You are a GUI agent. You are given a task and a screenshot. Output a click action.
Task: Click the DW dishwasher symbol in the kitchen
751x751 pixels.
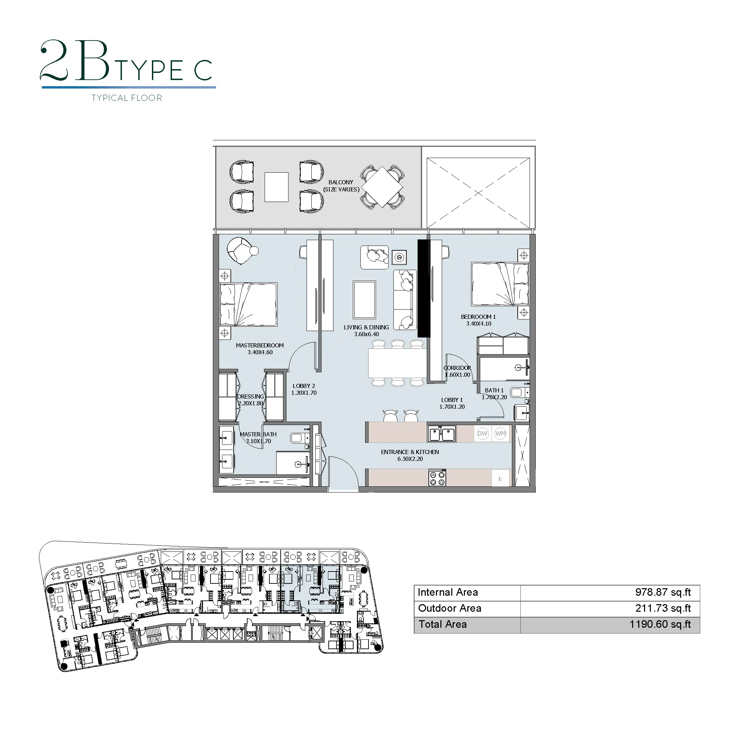[x=482, y=434]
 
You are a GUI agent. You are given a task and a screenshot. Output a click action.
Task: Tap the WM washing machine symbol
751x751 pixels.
[x=500, y=434]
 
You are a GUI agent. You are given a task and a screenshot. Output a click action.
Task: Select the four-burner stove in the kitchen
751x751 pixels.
[x=437, y=478]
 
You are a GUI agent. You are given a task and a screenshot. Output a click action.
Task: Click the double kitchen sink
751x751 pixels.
[x=442, y=434]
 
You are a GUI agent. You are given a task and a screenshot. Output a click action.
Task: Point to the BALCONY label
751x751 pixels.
[x=341, y=182]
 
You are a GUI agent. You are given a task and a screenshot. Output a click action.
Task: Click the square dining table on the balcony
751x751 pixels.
[x=382, y=187]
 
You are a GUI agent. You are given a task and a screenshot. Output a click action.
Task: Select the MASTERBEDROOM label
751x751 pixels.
[x=260, y=345]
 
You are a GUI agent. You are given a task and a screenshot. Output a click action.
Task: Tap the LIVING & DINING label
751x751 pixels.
[x=366, y=327]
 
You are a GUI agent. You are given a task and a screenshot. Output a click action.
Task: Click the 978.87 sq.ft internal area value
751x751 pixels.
[x=663, y=592]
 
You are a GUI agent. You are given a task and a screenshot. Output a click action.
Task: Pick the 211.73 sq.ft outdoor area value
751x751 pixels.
[x=663, y=608]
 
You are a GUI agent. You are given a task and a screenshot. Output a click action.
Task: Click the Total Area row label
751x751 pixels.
[x=442, y=624]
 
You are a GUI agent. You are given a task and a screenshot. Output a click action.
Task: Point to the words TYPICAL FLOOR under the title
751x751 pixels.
[x=127, y=98]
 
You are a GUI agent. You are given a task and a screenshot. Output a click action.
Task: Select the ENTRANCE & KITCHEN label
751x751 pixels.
[x=410, y=452]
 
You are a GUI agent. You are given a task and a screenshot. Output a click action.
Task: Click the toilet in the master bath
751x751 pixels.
[x=300, y=438]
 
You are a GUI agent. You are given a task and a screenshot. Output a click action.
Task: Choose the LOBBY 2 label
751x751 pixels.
[x=304, y=386]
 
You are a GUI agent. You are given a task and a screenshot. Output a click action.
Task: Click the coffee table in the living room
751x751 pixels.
[x=364, y=300]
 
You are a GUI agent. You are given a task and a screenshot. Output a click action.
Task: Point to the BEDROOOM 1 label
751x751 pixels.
[x=478, y=317]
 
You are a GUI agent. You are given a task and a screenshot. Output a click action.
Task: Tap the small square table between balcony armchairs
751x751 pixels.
[x=276, y=187]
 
